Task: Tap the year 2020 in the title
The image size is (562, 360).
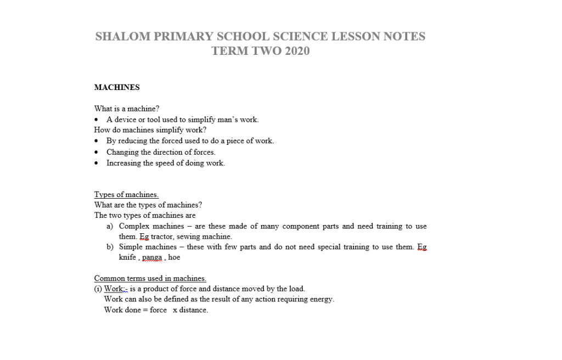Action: point(297,51)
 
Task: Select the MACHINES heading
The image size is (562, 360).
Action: point(117,87)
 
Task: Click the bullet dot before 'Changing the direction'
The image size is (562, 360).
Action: point(97,153)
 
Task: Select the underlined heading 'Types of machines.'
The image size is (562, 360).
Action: point(126,195)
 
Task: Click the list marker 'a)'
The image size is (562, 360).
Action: point(110,226)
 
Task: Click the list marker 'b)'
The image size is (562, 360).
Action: point(110,247)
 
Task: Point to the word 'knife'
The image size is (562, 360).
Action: point(127,257)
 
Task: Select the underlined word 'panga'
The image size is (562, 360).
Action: point(151,257)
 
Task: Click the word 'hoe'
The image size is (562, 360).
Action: point(174,257)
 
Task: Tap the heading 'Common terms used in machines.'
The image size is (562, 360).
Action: point(150,278)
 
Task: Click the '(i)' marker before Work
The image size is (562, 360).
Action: point(98,289)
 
